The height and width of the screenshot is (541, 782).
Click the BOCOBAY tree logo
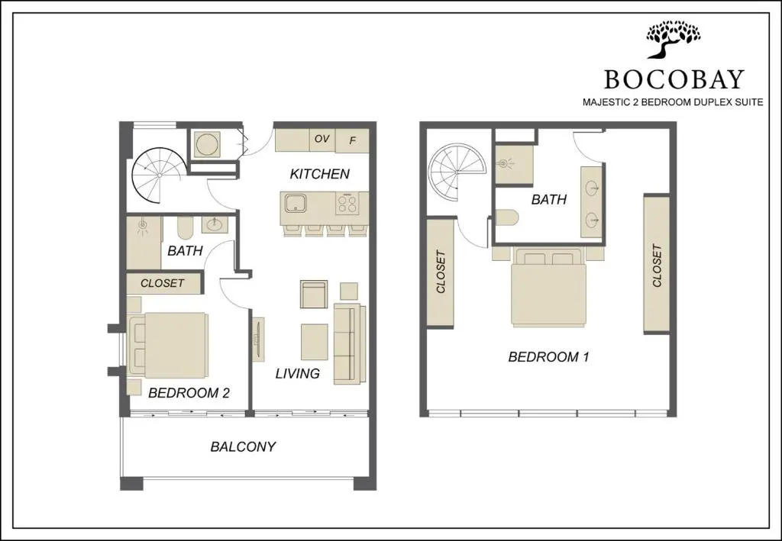[674, 40]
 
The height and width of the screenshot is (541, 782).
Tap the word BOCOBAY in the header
[674, 79]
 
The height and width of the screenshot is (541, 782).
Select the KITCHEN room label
[320, 174]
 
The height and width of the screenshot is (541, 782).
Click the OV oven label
[322, 138]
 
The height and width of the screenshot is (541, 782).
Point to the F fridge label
[352, 141]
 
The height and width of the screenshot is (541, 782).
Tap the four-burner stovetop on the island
[347, 204]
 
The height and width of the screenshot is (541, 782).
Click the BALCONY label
[243, 446]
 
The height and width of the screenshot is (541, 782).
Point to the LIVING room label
[298, 373]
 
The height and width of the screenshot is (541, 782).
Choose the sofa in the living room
[350, 343]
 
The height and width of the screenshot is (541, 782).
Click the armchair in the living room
[314, 294]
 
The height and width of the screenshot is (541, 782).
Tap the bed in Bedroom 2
[169, 345]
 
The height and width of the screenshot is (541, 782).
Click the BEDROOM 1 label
[548, 356]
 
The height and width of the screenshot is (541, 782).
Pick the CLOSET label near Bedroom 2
[163, 283]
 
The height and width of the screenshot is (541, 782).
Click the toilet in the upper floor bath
[507, 217]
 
